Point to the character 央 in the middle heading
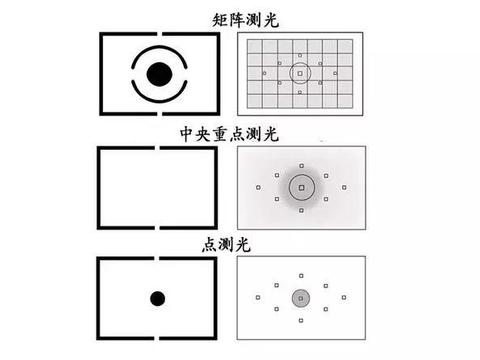pyautogui.click(x=228, y=134)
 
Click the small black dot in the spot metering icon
pyautogui.click(x=157, y=297)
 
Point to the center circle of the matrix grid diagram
pyautogui.click(x=300, y=74)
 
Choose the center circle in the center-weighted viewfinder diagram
pyautogui.click(x=301, y=186)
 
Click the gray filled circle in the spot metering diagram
pyautogui.click(x=301, y=297)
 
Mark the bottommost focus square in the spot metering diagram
pyautogui.click(x=301, y=321)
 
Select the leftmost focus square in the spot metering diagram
pyautogui.click(x=258, y=297)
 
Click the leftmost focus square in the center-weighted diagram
pyautogui.click(x=258, y=186)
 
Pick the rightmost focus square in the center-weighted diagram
pyautogui.click(x=344, y=186)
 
